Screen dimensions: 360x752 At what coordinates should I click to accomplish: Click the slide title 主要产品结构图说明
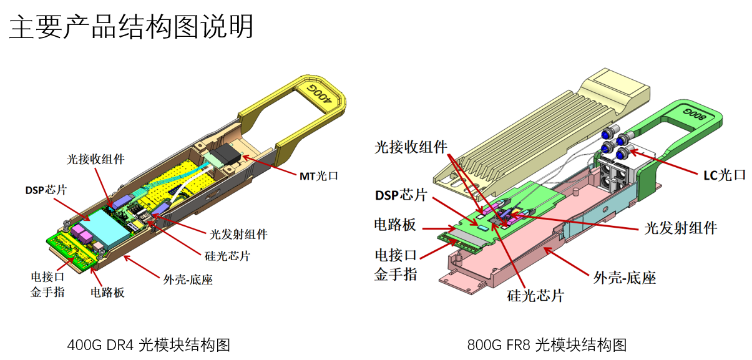pos(132,26)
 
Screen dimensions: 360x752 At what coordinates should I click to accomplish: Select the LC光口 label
pos(723,175)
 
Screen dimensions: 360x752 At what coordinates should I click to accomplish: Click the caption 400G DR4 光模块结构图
pos(149,344)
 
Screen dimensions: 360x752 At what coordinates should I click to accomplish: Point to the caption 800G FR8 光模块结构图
pos(547,344)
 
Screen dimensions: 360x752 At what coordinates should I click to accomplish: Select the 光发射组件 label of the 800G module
pos(680,227)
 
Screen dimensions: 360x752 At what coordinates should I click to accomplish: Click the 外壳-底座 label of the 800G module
pos(623,277)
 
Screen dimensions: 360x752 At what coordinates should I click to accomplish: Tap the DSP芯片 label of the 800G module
pos(401,195)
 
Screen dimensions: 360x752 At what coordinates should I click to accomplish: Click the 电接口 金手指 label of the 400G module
pos(47,283)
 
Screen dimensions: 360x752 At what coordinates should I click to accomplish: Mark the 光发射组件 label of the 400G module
pos(238,234)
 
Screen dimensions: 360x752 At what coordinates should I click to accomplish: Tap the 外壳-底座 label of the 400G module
pos(188,280)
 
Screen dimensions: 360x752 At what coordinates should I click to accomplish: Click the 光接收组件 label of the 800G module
pos(411,147)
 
